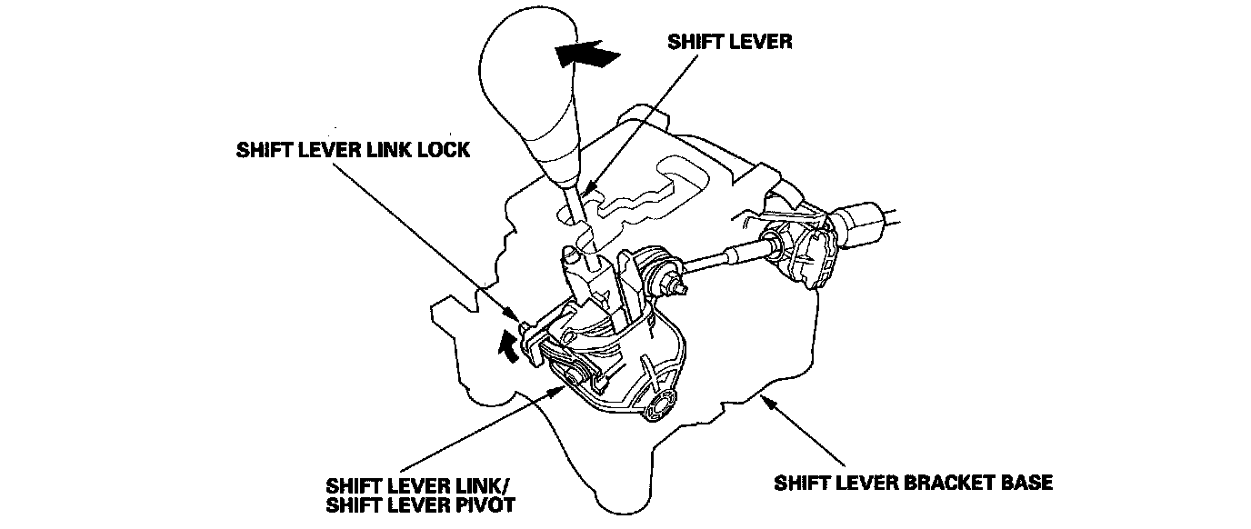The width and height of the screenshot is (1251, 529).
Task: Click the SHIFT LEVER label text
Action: (x=730, y=41)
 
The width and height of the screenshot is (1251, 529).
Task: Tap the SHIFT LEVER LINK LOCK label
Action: (x=353, y=149)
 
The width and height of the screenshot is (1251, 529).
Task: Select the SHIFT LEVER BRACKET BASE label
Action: (x=913, y=482)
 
